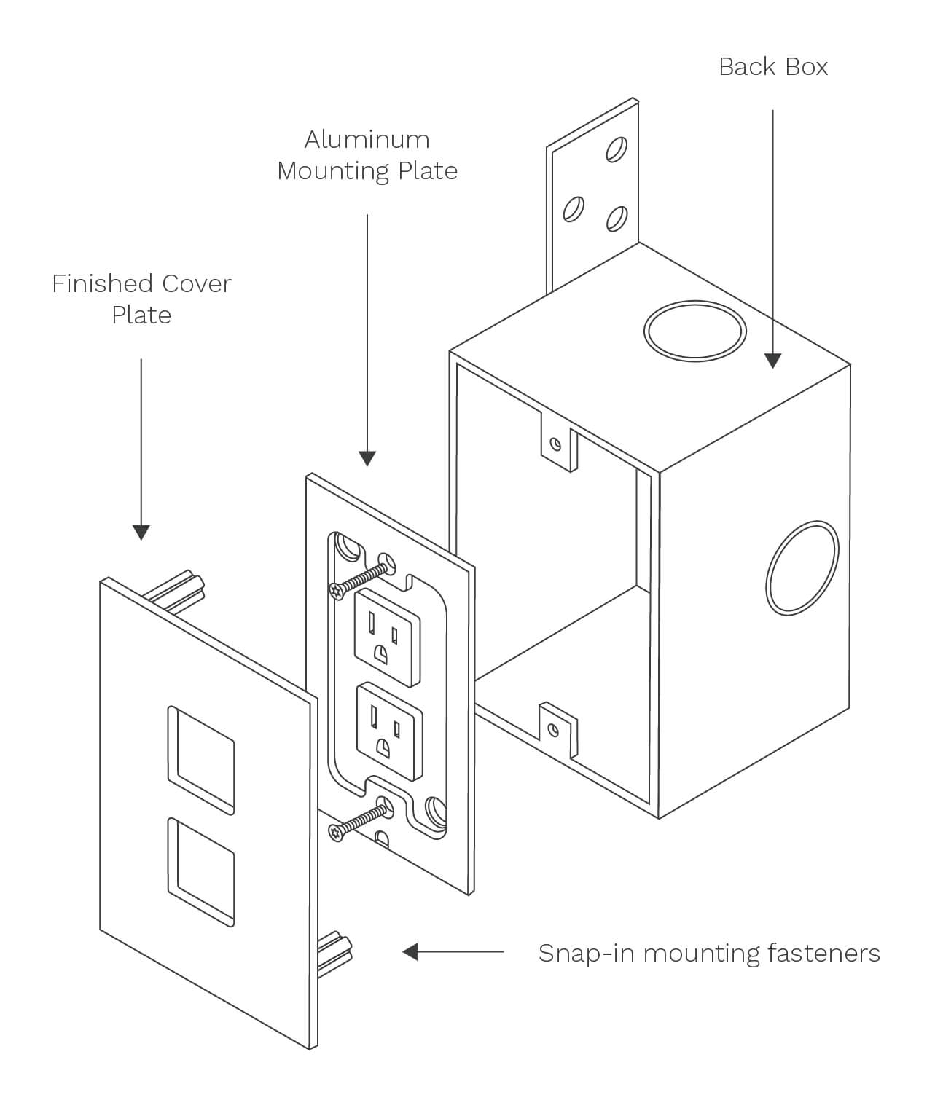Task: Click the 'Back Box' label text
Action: click(772, 67)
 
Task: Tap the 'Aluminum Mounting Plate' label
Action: click(367, 155)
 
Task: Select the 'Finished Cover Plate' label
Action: click(141, 299)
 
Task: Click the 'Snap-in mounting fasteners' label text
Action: click(708, 953)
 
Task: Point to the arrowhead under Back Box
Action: click(772, 360)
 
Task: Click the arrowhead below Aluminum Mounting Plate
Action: click(367, 457)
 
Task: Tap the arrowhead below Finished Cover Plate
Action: click(141, 532)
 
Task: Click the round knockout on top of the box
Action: click(694, 331)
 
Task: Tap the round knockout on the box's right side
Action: click(802, 567)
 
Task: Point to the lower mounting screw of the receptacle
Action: click(358, 819)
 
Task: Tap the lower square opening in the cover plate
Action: click(201, 871)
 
